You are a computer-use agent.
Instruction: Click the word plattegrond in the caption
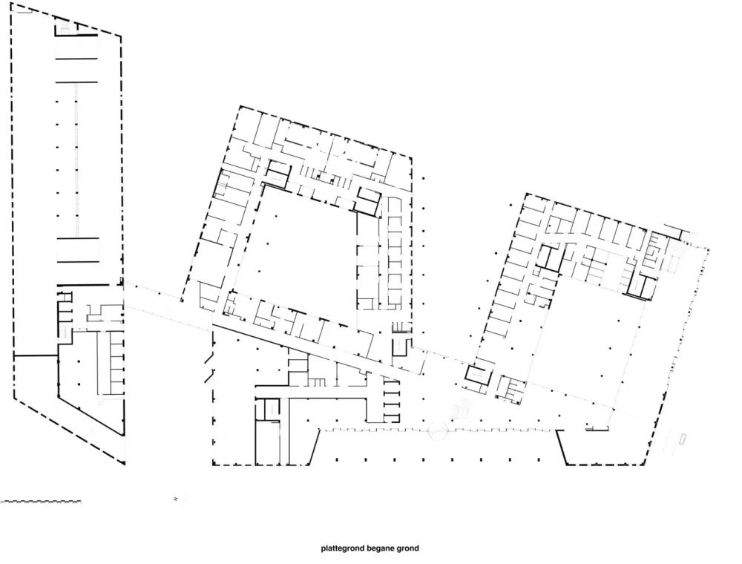pos(341,549)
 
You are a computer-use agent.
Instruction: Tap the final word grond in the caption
pos(406,549)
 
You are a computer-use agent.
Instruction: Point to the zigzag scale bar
pos(41,501)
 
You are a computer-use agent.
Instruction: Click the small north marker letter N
pos(176,499)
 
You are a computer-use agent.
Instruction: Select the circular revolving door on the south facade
pos(438,430)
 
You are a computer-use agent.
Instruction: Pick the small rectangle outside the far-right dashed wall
pos(684,438)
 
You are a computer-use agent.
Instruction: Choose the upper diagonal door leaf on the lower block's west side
pos(209,358)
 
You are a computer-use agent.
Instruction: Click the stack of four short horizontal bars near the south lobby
pos(391,400)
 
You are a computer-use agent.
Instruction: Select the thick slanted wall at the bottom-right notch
pos(561,447)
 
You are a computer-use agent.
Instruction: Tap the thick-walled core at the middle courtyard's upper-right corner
pos(368,200)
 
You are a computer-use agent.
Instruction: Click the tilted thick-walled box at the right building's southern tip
pos(478,374)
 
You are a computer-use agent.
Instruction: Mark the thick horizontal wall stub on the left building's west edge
pos(36,355)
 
